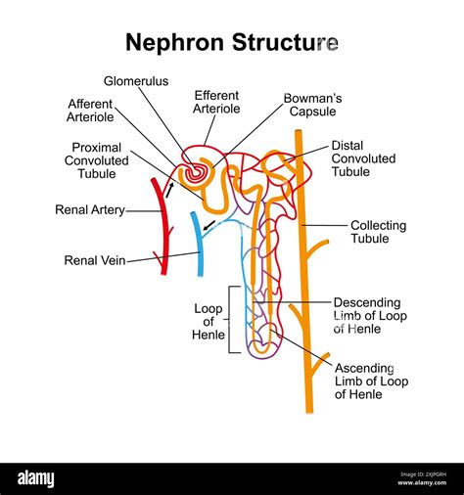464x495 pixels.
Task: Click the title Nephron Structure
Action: (232, 42)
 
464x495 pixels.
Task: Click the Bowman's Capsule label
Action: (313, 106)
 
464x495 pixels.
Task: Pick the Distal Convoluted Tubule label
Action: (363, 158)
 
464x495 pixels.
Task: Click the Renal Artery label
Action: (90, 209)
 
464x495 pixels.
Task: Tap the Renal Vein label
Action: (94, 260)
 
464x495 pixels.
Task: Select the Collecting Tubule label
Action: (377, 232)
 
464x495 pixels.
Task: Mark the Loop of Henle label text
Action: (209, 321)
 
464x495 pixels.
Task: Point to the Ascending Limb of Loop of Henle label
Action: (371, 381)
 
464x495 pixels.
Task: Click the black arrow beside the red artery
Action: (169, 191)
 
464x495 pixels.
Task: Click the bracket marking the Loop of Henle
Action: (231, 319)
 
